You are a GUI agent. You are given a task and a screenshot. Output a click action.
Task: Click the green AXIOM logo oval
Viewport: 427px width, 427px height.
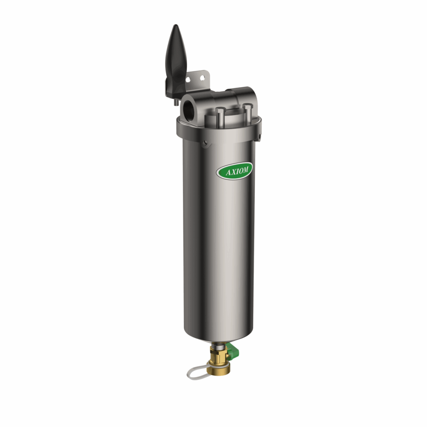click(x=234, y=170)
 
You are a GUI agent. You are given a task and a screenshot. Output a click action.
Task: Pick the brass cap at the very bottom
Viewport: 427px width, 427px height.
click(x=218, y=371)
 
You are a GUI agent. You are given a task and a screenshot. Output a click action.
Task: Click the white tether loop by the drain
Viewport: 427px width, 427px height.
click(x=198, y=371)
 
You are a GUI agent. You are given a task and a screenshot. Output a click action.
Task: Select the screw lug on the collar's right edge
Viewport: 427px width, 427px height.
click(x=259, y=136)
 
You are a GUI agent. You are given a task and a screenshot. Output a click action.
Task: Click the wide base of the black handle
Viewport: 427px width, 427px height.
click(x=176, y=83)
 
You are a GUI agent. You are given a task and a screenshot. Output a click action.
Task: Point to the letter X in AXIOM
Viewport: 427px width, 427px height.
click(x=232, y=171)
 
